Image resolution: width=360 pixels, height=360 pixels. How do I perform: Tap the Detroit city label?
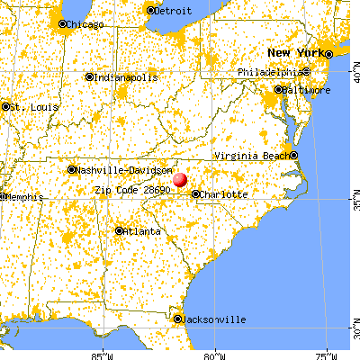tap(172, 12)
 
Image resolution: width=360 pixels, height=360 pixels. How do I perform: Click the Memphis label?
tap(20, 196)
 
